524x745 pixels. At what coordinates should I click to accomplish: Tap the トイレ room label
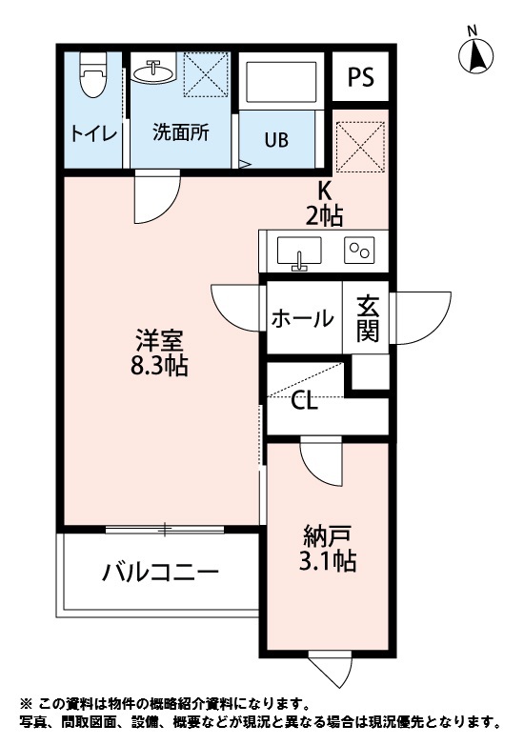click(x=93, y=133)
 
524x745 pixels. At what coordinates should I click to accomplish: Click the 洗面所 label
click(x=181, y=133)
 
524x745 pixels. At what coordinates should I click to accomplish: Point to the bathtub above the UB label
click(x=281, y=86)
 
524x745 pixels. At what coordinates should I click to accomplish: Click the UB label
click(x=276, y=141)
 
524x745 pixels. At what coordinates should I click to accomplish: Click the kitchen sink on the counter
click(x=298, y=252)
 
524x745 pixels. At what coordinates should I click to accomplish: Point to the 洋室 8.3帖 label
click(x=159, y=351)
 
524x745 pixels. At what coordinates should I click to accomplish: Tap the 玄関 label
click(x=368, y=318)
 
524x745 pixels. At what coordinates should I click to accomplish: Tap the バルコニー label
click(x=161, y=573)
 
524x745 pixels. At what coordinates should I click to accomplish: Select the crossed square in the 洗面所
click(x=205, y=73)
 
